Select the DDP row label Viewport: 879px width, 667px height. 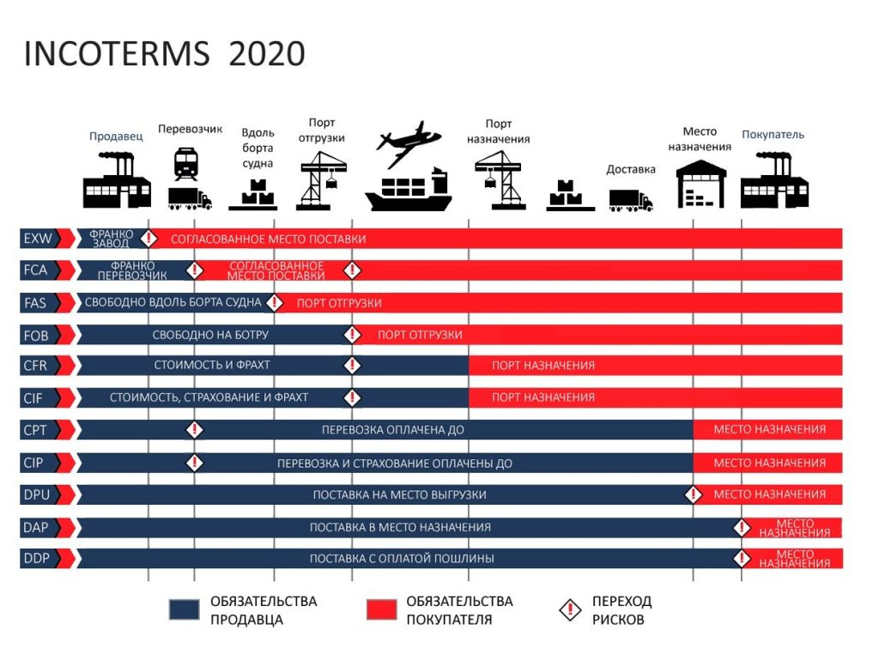(x=37, y=559)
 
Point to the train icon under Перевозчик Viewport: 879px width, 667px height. (x=185, y=163)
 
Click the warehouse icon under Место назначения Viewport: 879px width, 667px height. (x=701, y=184)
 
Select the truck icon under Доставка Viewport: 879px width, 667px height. (x=630, y=200)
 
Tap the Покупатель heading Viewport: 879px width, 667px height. (x=773, y=135)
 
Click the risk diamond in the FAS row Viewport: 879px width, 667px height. (x=275, y=302)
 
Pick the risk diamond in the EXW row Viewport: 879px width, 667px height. (x=149, y=239)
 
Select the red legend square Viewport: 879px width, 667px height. (x=381, y=609)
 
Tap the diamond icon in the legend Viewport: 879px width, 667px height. (x=568, y=610)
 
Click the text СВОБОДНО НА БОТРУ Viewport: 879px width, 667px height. (x=210, y=335)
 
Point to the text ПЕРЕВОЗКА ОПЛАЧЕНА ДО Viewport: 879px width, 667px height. (x=393, y=429)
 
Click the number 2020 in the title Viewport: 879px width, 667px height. (x=267, y=53)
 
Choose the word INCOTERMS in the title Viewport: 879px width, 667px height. (x=117, y=53)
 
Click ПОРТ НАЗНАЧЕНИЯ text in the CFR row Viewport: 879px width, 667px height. (x=543, y=366)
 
